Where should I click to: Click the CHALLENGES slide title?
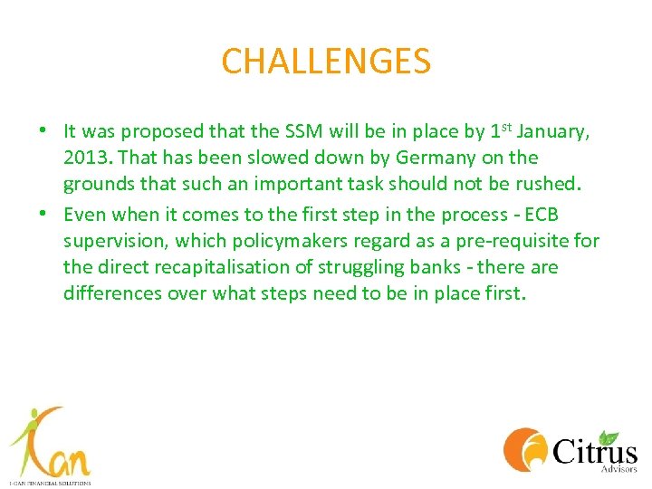tap(326, 62)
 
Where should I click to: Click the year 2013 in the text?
tap(84, 158)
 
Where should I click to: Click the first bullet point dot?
tap(43, 132)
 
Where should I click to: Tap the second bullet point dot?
tap(43, 214)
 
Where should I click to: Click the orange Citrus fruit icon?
tap(524, 449)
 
